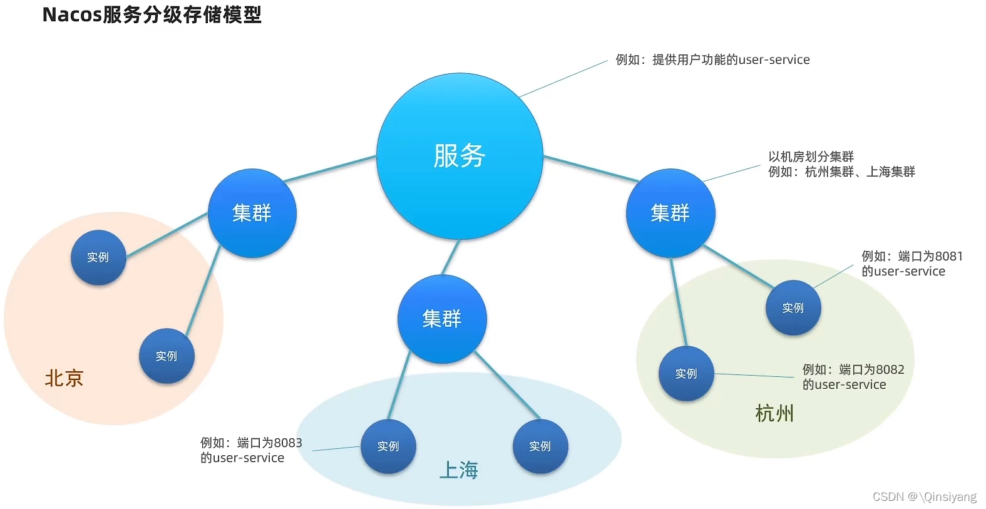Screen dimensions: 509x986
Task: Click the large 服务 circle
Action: [460, 156]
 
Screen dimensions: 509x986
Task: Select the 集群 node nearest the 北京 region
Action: [252, 213]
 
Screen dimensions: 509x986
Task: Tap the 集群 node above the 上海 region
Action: [442, 319]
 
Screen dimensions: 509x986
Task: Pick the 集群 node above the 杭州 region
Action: [670, 213]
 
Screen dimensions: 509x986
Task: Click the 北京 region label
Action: [64, 378]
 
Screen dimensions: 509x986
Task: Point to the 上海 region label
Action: [459, 470]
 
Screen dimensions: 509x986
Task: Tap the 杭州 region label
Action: [774, 413]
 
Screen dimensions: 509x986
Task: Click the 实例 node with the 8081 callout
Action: [793, 307]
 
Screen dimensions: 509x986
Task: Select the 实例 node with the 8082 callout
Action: [686, 373]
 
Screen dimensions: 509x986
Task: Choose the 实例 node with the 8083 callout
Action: [388, 446]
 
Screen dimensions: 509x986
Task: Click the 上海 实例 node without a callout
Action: [540, 446]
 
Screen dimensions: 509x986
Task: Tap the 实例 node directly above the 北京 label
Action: [98, 257]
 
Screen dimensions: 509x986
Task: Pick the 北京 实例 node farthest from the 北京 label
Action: [167, 356]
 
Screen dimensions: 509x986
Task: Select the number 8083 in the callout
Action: [288, 443]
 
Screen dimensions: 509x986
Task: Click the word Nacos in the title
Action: [71, 14]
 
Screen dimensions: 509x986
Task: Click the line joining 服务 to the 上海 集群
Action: [451, 257]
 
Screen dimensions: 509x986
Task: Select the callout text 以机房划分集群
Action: [811, 157]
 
